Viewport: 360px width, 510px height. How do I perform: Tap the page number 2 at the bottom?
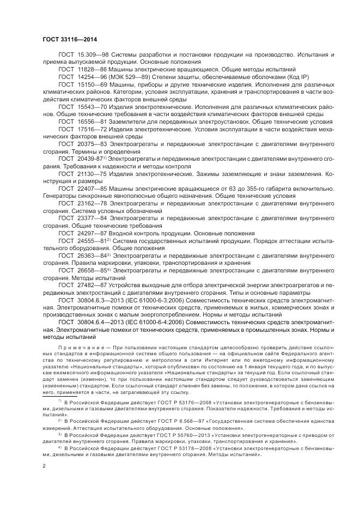44,466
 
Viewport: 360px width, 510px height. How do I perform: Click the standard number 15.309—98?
91,56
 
